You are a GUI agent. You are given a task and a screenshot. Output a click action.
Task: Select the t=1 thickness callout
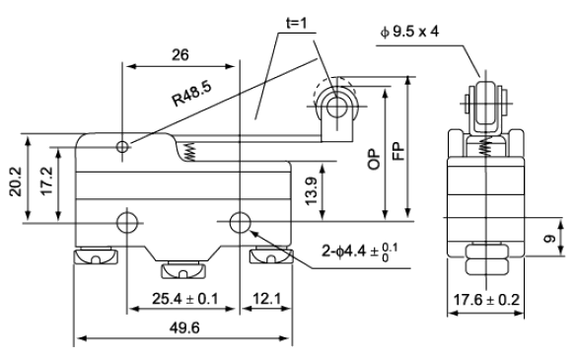coord(296,24)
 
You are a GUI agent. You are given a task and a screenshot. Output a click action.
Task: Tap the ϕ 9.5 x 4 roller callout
coord(409,32)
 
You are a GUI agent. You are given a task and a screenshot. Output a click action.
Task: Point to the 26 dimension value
coord(180,55)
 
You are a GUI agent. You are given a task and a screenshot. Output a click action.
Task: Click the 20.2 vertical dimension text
coord(16,181)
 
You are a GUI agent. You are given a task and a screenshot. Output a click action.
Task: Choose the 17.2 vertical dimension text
coord(47,181)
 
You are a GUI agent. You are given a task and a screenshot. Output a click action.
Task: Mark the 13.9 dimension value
coord(311,191)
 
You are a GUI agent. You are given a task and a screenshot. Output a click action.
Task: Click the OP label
coord(375,159)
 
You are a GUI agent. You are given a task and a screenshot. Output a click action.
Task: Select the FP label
coord(398,151)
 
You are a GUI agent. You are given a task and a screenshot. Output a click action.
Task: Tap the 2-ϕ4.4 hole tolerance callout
coord(360,252)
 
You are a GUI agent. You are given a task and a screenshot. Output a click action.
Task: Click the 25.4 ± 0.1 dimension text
coord(185,299)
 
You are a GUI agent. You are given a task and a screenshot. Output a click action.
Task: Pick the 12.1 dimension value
coord(266,299)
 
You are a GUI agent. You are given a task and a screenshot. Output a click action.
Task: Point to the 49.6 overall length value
coord(184,327)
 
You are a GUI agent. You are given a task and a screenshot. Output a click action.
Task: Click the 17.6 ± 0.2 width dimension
coord(486,300)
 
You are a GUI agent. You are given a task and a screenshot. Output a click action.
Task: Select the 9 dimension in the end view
coord(549,239)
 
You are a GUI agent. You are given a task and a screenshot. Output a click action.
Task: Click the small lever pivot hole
coord(123,147)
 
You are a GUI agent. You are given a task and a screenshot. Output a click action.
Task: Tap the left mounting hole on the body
coord(126,222)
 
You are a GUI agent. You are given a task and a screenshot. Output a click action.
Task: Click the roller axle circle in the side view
coord(335,108)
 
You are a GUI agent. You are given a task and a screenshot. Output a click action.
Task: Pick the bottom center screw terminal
coord(183,270)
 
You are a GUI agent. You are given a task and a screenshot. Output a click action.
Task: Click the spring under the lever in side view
coord(190,152)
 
